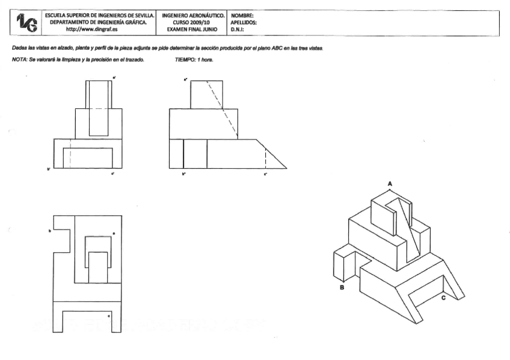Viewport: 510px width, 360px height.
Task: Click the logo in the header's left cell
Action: coord(27,22)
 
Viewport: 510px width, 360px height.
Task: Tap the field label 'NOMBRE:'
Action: coord(242,15)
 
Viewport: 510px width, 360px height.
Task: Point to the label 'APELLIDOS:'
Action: coord(244,22)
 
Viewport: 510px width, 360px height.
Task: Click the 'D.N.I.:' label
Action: coord(239,29)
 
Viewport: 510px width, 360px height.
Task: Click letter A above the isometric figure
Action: coord(390,182)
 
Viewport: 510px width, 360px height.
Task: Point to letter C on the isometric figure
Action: coord(443,297)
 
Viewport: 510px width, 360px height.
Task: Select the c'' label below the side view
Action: coord(265,174)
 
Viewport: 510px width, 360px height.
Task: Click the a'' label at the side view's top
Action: coord(186,78)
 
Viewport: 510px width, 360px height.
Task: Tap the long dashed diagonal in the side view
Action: coord(223,108)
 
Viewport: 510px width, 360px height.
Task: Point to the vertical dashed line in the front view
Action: coord(71,154)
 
